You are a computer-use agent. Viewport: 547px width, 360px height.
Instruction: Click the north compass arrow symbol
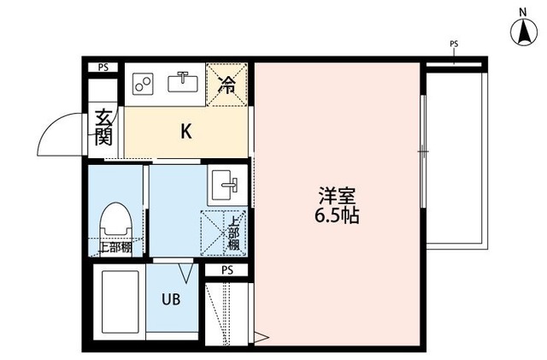point(522,34)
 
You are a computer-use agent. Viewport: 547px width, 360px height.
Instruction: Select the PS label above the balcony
point(453,43)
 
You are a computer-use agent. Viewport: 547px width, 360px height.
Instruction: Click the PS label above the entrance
point(103,67)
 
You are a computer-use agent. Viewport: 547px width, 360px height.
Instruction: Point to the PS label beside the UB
point(226,270)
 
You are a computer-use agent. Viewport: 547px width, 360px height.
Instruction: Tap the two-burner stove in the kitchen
point(143,83)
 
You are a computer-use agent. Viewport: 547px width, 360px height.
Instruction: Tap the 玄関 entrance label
point(103,127)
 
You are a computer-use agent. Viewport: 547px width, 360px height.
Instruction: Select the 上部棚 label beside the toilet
point(115,248)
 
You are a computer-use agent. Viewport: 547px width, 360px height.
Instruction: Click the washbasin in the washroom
point(226,184)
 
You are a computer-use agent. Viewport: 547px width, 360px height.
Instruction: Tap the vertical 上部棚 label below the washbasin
point(232,233)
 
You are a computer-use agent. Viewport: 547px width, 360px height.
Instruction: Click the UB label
point(172,299)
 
